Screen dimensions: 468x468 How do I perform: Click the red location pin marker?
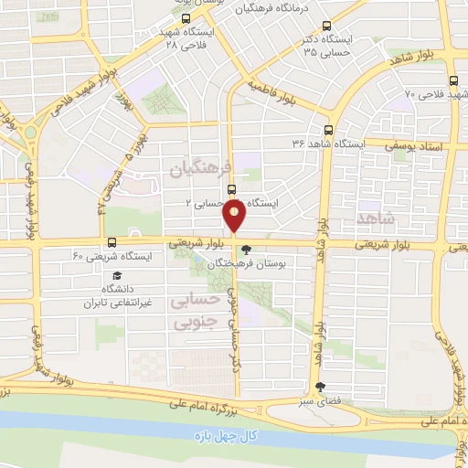(235, 216)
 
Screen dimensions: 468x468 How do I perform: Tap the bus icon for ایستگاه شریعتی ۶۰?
(112, 243)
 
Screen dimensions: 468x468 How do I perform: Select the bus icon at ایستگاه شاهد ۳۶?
(328, 130)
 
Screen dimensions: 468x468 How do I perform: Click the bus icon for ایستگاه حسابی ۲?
(231, 190)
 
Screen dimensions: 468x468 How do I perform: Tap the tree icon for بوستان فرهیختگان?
(245, 249)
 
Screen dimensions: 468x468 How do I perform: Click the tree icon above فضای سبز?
(319, 387)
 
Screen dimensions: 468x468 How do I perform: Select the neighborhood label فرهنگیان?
(195, 169)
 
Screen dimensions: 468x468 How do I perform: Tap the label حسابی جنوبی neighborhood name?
(194, 310)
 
